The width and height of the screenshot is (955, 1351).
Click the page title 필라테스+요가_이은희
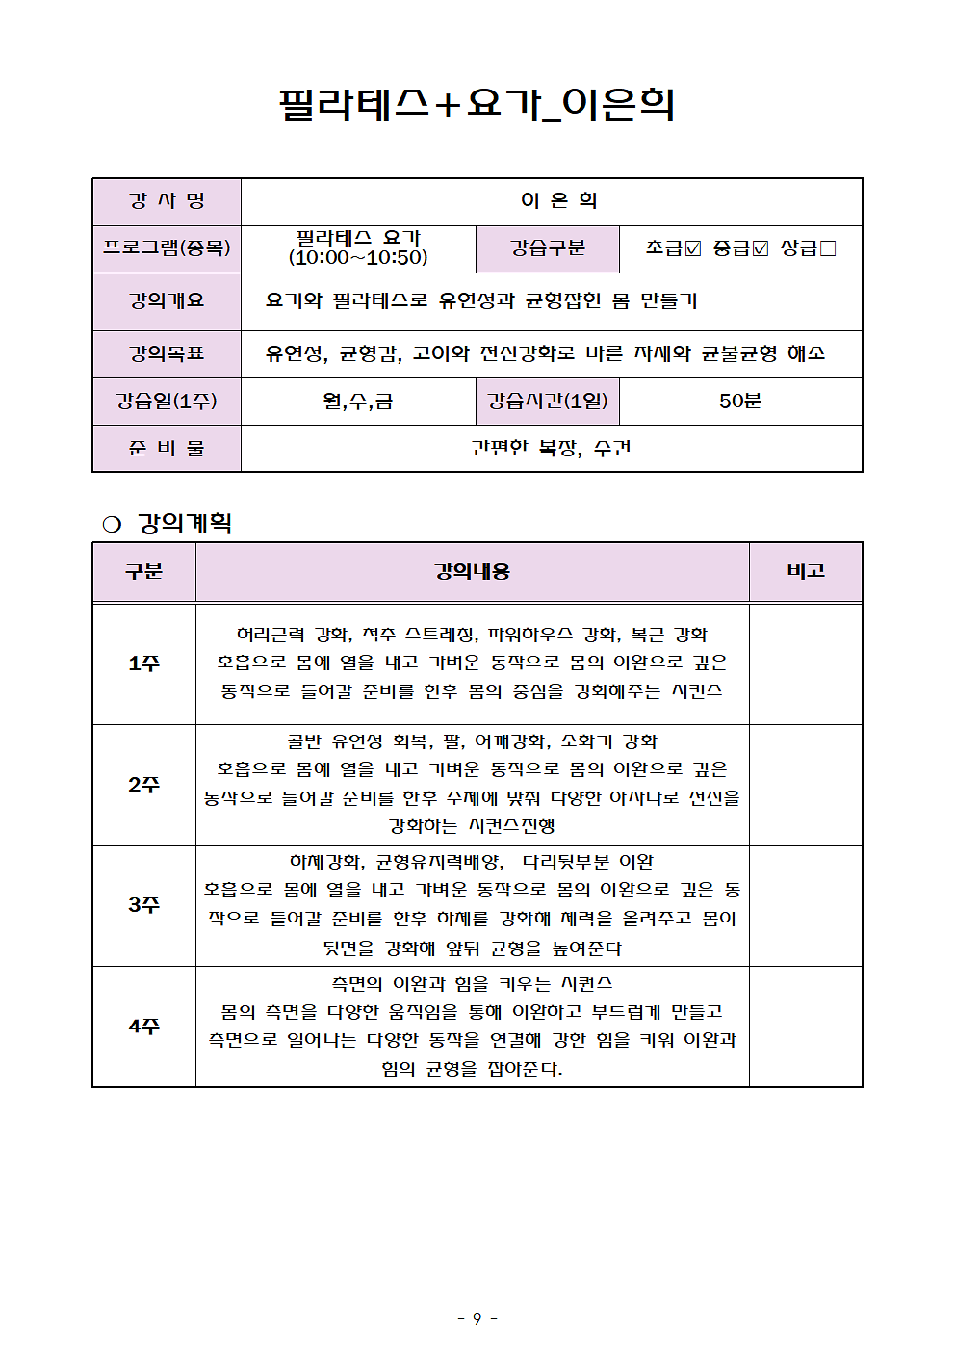coord(477,104)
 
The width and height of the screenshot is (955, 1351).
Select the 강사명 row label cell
coord(167,201)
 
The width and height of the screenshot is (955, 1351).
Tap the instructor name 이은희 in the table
coord(558,200)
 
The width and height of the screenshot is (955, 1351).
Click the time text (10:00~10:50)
coord(358,258)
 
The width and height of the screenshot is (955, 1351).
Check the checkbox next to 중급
coord(761,248)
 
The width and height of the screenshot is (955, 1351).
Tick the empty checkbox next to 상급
coord(827,248)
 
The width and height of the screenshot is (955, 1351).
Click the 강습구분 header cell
coord(548,248)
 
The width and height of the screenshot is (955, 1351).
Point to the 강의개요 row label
coord(167,301)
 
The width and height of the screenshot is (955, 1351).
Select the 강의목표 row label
coord(167,353)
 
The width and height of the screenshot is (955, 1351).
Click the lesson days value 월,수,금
coord(358,401)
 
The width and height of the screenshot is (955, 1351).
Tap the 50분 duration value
coord(739,401)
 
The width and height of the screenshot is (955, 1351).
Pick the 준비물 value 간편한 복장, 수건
coord(551,448)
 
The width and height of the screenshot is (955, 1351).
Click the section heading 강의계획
coord(185,523)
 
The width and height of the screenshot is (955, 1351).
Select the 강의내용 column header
coord(472,572)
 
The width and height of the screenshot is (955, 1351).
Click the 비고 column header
coord(806,572)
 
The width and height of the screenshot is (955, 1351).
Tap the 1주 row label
coord(144,663)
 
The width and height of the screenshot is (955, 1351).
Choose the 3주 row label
coord(144,905)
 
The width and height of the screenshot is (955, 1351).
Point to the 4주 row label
coord(144,1026)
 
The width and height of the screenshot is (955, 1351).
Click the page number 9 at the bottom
coord(477,1318)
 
